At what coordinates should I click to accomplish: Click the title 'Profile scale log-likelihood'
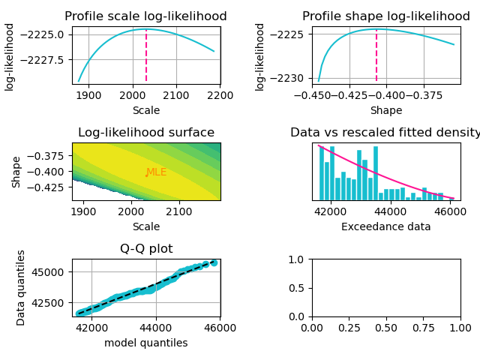[145, 16]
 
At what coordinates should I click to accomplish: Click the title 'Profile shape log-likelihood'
[385, 16]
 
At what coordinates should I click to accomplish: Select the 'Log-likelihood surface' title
[145, 133]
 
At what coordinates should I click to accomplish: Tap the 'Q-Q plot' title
[145, 249]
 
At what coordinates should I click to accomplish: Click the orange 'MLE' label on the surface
[156, 172]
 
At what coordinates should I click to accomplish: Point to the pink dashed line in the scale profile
[146, 56]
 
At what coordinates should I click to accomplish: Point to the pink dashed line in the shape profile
[376, 56]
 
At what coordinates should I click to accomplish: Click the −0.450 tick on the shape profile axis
[312, 96]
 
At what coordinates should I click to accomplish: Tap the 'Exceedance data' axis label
[385, 226]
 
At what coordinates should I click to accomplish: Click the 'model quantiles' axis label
[145, 343]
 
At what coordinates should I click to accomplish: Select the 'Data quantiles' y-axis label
[21, 287]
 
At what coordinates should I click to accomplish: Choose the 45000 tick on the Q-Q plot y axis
[52, 271]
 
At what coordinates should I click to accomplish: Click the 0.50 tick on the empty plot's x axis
[386, 328]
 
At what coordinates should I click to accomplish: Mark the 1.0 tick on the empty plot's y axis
[298, 259]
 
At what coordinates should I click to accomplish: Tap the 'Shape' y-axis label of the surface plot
[16, 171]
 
